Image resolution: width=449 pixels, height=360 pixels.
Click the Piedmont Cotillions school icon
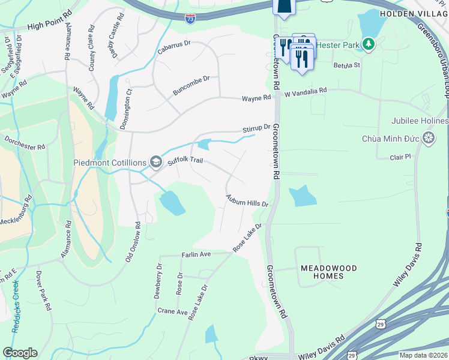coord(156,161)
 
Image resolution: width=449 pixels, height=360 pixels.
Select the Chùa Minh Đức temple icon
coord(429,139)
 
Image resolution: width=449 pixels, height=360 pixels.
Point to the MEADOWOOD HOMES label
coord(328,272)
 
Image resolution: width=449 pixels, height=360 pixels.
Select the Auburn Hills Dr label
coord(246,200)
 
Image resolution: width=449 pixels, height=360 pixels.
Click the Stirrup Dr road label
coord(256,128)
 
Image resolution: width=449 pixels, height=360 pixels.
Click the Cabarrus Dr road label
coord(174,44)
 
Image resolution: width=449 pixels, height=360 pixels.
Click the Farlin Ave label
coord(196,254)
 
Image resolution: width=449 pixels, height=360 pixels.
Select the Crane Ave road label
coord(173,311)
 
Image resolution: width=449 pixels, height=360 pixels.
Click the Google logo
coord(20,352)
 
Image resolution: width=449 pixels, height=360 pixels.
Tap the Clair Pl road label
coord(399,157)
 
